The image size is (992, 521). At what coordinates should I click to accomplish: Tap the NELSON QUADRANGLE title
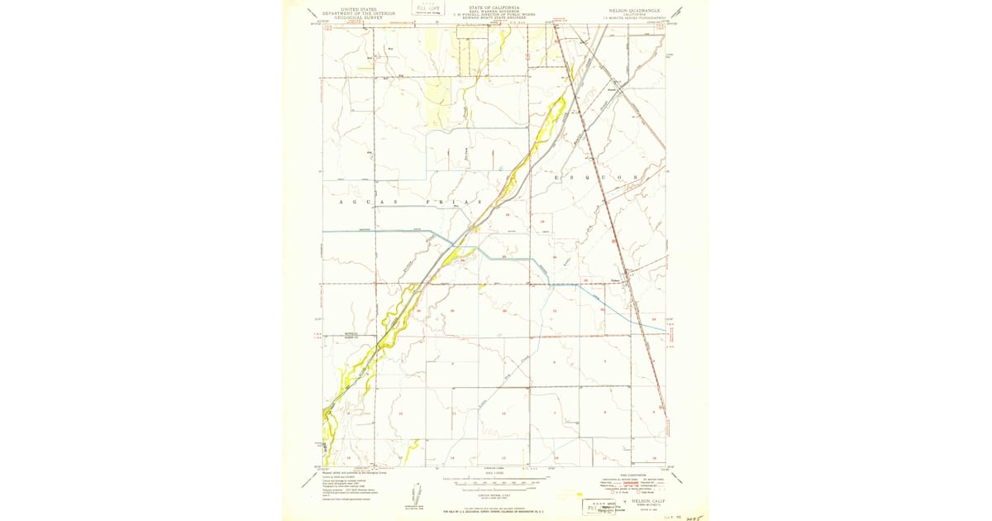[x=631, y=10]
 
